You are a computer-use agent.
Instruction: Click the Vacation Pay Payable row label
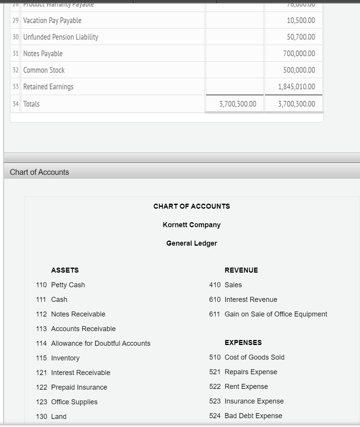pos(52,20)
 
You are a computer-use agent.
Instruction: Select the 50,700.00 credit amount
pos(301,37)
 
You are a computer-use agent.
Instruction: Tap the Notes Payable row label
pos(43,54)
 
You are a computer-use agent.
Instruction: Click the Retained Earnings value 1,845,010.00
pos(296,87)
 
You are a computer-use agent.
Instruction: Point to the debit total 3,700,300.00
pos(237,104)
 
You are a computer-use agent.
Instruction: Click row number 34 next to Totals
pos(15,104)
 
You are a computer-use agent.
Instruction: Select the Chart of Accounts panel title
pos(40,172)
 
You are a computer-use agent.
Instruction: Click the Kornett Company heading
pos(192,225)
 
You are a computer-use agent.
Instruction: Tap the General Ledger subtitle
pos(192,243)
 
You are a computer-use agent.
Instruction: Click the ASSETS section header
pos(65,270)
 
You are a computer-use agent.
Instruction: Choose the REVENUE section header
pos(241,270)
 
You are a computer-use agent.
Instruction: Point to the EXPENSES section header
pos(243,343)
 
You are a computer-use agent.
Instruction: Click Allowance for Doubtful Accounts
pos(100,343)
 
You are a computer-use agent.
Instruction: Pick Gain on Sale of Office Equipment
pos(275,314)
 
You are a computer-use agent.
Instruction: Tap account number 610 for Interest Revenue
pos(215,300)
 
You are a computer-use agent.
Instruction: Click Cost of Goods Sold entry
pos(254,357)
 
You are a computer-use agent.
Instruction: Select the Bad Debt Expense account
pos(253,416)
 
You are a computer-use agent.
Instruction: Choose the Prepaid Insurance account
pos(79,387)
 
